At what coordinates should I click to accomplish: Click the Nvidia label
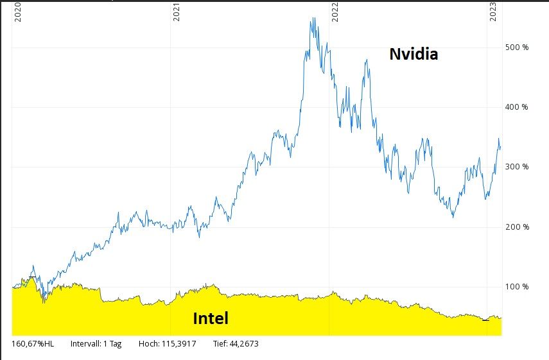click(x=414, y=55)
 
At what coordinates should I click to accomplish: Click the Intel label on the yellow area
click(x=211, y=318)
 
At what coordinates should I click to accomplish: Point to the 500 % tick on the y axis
click(x=516, y=47)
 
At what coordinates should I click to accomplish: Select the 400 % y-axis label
click(x=516, y=107)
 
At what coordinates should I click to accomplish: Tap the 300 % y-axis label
click(x=516, y=167)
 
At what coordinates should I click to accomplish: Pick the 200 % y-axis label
click(x=516, y=227)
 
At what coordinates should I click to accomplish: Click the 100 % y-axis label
click(x=516, y=287)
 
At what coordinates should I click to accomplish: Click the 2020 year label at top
click(x=18, y=12)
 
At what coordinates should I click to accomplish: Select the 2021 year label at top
click(x=177, y=12)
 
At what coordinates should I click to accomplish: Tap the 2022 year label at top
click(x=335, y=12)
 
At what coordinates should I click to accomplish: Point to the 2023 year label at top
click(x=493, y=12)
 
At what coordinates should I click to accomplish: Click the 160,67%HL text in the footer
click(x=33, y=344)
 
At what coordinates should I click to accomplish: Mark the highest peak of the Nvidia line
click(x=313, y=18)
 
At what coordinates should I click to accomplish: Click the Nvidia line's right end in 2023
click(x=501, y=148)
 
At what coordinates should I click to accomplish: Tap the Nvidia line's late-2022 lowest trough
click(x=453, y=218)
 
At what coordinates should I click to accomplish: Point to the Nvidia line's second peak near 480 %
click(x=366, y=60)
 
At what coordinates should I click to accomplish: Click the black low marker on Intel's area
click(x=485, y=320)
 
